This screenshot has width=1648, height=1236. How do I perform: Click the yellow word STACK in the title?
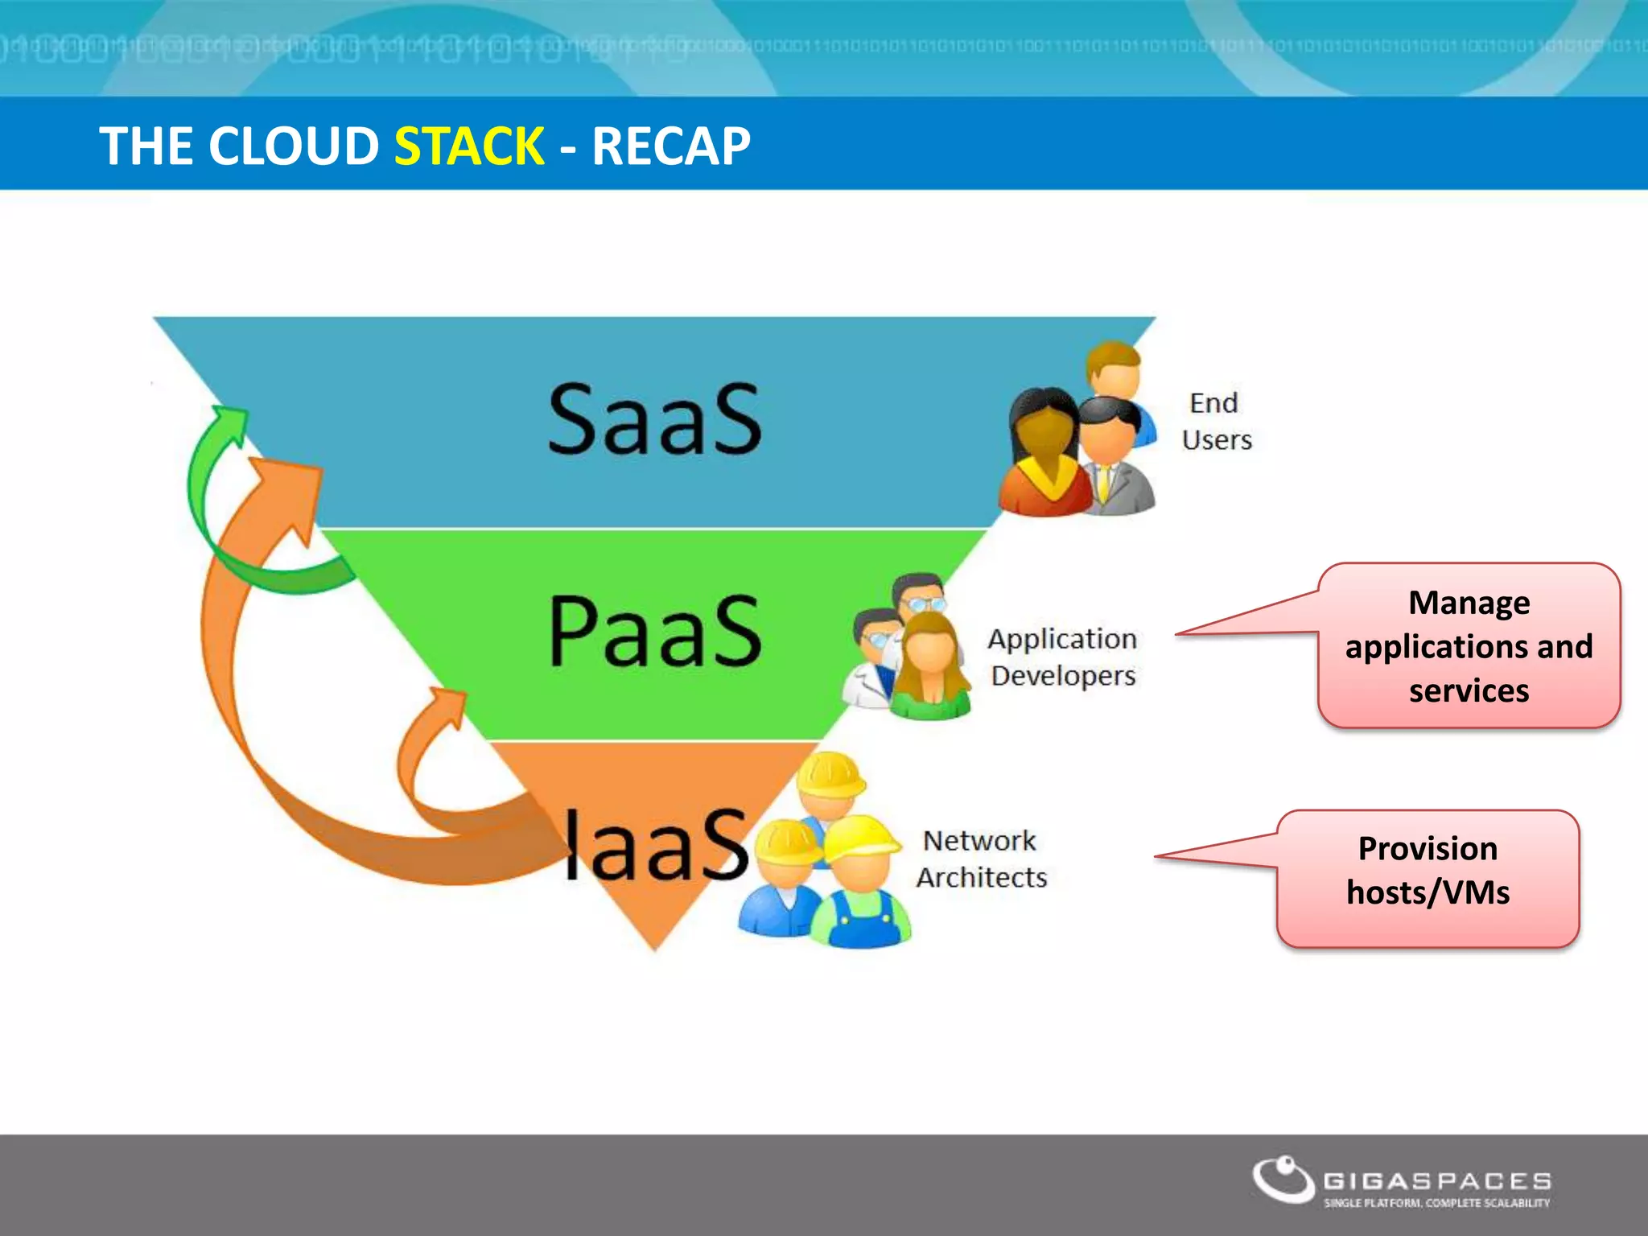[469, 146]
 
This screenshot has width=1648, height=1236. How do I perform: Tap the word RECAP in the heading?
[671, 146]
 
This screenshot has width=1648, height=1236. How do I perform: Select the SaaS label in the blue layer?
[654, 418]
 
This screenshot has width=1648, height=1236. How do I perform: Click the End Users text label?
[1216, 421]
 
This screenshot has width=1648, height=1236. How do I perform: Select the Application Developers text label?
[1062, 657]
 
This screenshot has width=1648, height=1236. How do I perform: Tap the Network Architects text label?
[981, 859]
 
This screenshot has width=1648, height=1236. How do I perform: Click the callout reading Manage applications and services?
[1468, 646]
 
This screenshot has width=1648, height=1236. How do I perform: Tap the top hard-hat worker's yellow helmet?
[830, 773]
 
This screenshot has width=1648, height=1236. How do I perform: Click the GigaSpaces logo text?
[1437, 1180]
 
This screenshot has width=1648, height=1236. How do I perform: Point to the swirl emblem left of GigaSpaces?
[1283, 1180]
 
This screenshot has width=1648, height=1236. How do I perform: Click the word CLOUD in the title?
[293, 146]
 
